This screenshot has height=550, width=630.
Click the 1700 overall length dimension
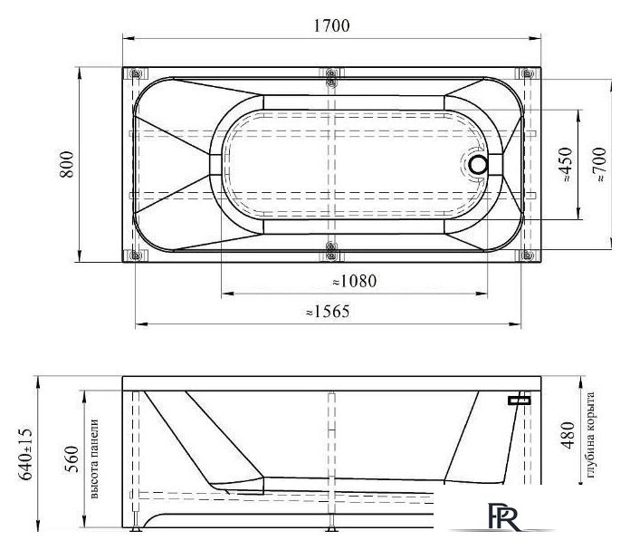click(331, 25)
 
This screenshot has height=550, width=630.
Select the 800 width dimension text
click(67, 164)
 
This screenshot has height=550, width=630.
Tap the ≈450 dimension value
click(566, 164)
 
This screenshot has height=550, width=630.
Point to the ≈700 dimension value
click(599, 164)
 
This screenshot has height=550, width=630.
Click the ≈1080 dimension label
click(355, 281)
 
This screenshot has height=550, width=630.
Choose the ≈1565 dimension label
click(328, 312)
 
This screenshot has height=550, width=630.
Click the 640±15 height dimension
click(25, 454)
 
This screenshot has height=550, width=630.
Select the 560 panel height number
click(72, 459)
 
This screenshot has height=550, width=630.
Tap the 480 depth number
click(568, 436)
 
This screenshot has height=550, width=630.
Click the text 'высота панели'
click(94, 459)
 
